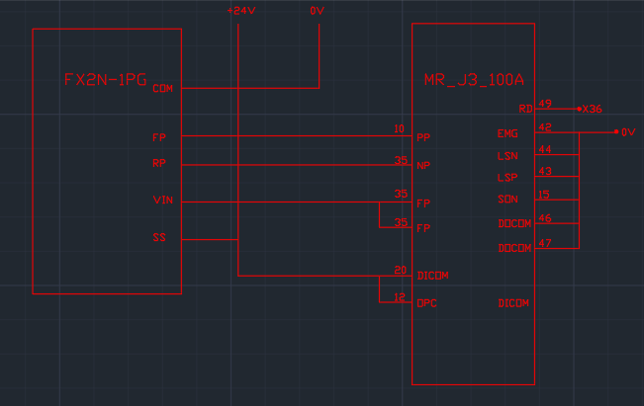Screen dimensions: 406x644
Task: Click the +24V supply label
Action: pos(238,11)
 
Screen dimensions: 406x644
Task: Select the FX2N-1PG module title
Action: pos(106,80)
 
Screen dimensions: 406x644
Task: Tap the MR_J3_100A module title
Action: pos(474,80)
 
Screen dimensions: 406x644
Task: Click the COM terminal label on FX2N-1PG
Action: pos(163,89)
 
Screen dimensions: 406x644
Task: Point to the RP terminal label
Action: pos(159,163)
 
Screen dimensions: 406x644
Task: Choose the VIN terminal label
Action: pos(163,201)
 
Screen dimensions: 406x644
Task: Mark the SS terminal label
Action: pos(159,237)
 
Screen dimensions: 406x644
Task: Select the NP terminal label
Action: pos(423,165)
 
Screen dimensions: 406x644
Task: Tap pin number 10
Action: pos(399,129)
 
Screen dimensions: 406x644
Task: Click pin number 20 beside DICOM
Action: pos(400,270)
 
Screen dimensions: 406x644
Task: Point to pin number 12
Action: pos(400,297)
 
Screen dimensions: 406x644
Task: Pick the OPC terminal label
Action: pos(426,303)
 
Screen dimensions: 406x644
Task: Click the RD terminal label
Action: pos(525,109)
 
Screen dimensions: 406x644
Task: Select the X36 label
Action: pos(593,109)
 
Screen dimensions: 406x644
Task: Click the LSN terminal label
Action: pos(506,156)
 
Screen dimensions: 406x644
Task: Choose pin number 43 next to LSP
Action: pos(544,172)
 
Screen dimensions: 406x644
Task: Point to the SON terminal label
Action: pos(506,201)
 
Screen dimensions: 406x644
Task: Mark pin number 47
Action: pos(544,242)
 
